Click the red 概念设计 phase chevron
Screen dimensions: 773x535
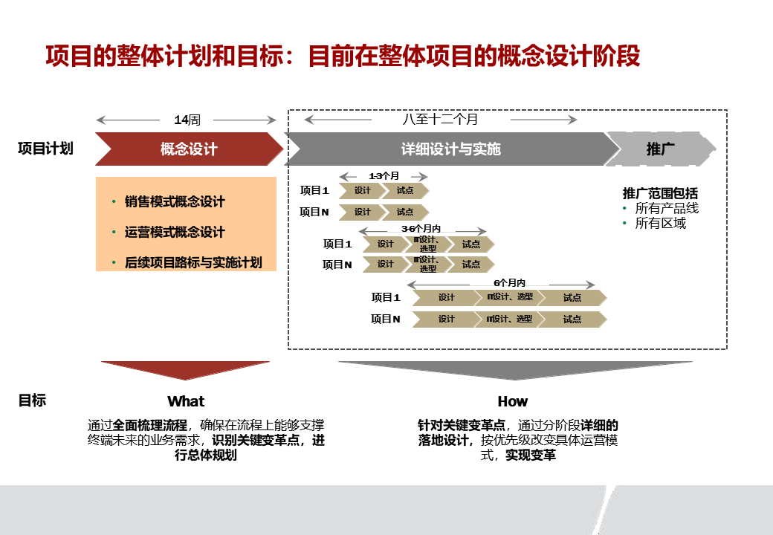click(x=189, y=149)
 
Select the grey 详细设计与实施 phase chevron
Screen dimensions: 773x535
click(x=450, y=149)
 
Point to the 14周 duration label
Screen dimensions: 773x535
click(x=187, y=120)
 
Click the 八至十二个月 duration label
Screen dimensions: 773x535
click(x=440, y=119)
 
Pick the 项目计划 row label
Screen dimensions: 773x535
click(x=45, y=149)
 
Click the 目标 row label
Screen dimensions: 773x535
click(x=32, y=401)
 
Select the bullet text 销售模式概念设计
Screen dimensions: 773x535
click(x=175, y=202)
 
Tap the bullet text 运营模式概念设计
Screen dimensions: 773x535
click(x=175, y=233)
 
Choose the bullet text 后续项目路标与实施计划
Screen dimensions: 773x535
click(x=193, y=262)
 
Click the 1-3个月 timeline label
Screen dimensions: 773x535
click(x=384, y=176)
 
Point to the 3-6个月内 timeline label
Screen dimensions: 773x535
click(x=421, y=229)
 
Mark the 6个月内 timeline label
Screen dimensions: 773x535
click(x=509, y=283)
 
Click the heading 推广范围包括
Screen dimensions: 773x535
click(x=660, y=194)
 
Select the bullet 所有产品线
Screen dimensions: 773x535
click(x=667, y=209)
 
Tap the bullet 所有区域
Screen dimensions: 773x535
click(x=660, y=223)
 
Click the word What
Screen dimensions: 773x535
click(x=186, y=401)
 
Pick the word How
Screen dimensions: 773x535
click(x=512, y=401)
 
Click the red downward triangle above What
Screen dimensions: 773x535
click(x=186, y=369)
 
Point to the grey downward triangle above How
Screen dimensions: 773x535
click(x=514, y=369)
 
